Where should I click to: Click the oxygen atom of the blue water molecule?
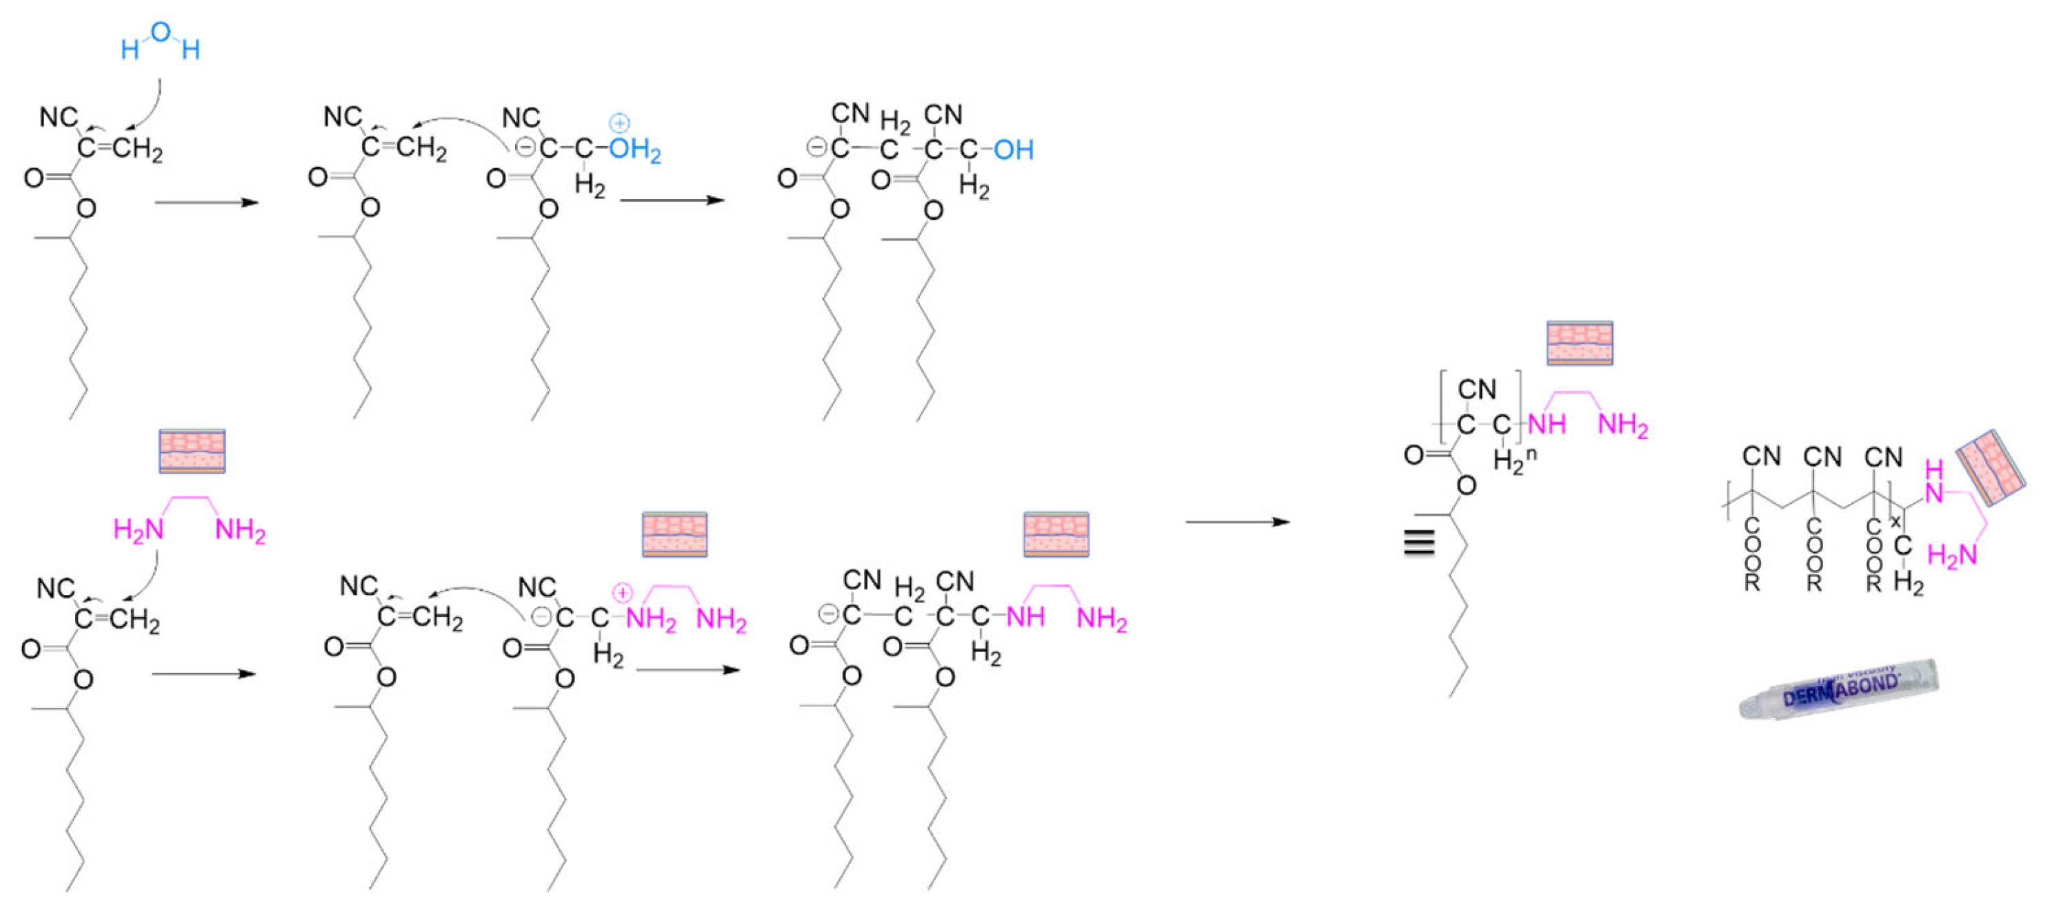[x=160, y=32]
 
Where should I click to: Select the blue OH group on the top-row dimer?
[x=1013, y=149]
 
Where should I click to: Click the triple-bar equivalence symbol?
[x=1419, y=542]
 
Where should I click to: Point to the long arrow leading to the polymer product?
[x=1238, y=522]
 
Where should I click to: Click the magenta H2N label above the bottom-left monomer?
[x=139, y=529]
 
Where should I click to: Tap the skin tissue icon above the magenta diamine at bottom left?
[x=192, y=451]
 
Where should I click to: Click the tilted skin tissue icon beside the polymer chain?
[x=1989, y=468]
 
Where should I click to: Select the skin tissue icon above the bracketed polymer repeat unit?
[x=1579, y=343]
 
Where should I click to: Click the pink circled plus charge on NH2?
[x=621, y=593]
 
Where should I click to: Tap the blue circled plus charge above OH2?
[x=619, y=123]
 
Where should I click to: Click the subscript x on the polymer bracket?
[x=1895, y=522]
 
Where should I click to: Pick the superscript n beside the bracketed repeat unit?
[x=1530, y=454]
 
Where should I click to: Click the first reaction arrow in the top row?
[x=207, y=202]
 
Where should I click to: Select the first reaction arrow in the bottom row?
[x=203, y=673]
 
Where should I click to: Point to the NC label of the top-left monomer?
[x=58, y=118]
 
